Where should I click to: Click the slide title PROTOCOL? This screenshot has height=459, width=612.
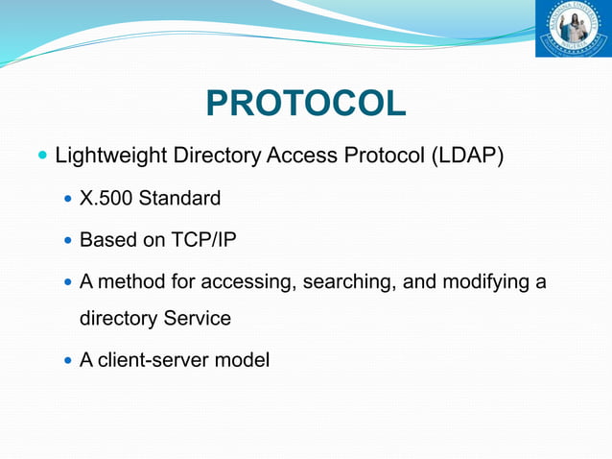coord(306,104)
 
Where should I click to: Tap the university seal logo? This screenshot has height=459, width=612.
coord(573,29)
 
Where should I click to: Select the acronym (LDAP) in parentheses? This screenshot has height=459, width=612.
coord(465,155)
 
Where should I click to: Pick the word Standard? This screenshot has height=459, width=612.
coord(179,199)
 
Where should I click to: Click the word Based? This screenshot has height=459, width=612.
coord(108,239)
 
